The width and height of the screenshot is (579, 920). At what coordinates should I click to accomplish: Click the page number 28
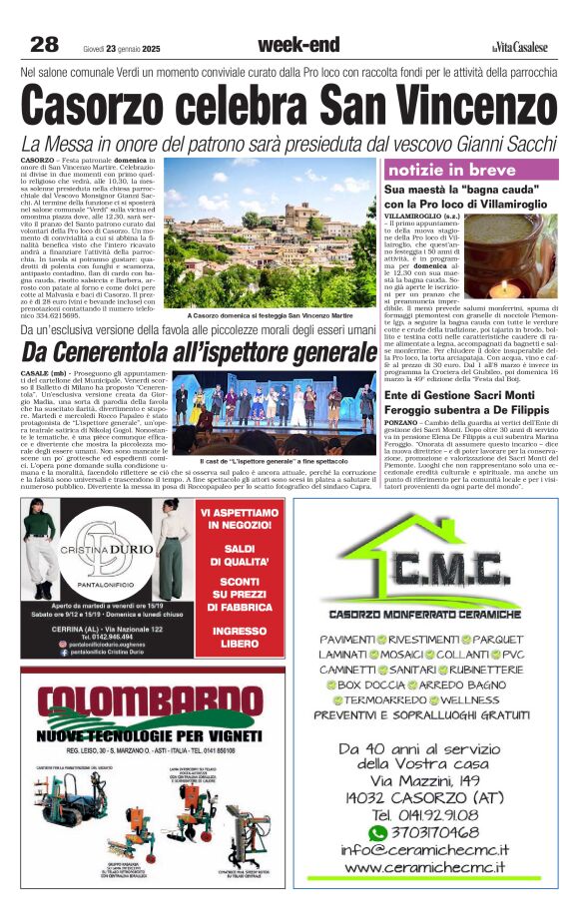coord(44,44)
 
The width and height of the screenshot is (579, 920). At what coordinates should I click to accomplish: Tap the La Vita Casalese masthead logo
coord(520,46)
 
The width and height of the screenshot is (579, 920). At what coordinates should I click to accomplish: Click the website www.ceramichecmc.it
coord(424,869)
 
